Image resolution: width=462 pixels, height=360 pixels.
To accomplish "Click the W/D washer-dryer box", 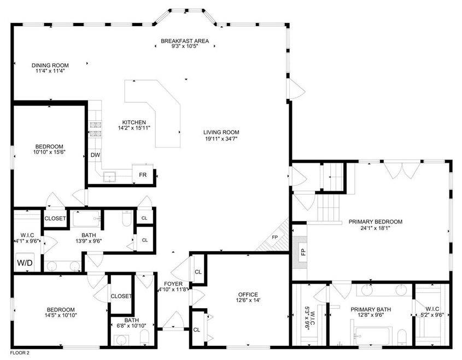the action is point(25,262).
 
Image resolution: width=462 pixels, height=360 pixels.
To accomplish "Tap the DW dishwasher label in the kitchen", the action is point(95,155).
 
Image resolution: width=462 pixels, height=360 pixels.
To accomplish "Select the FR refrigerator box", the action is point(143,175).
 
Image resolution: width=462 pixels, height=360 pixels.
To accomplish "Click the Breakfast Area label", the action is point(185,41).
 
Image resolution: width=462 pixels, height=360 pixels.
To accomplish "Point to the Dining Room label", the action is point(50,66).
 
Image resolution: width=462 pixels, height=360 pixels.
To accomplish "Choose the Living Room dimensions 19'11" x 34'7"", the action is point(221,138).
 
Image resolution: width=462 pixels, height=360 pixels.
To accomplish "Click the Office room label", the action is point(248,294).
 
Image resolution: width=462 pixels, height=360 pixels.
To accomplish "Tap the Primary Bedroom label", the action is point(376,222).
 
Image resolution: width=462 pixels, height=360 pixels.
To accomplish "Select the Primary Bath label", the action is point(371,309).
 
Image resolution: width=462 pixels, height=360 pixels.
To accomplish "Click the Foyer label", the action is point(173,284).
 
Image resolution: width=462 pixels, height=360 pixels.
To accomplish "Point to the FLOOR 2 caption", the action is point(20,352).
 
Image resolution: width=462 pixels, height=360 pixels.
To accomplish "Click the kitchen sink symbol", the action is point(109,176).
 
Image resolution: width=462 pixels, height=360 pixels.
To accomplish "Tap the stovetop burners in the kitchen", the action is point(96,129).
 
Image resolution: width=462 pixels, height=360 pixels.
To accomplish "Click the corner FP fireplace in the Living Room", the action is point(274,237).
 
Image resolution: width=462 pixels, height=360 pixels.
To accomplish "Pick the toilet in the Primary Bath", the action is point(402,337).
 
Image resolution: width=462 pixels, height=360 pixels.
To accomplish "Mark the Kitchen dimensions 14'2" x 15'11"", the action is point(134,128).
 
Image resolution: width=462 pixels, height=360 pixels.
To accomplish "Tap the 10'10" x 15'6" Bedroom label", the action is point(49,149).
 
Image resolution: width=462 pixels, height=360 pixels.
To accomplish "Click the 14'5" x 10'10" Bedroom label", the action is point(61,312).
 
